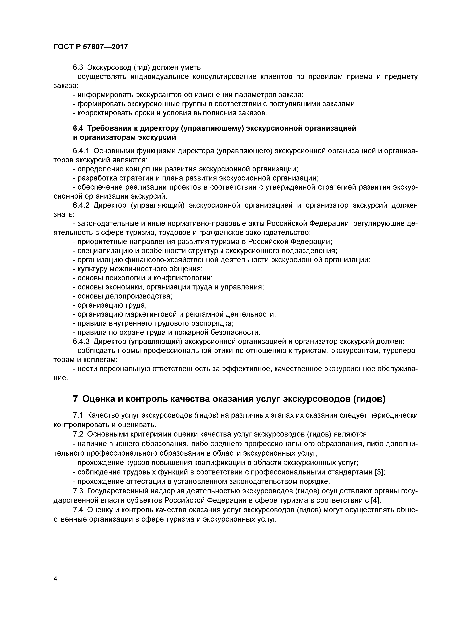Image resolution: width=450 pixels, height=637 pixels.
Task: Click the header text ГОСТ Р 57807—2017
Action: coord(91,47)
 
